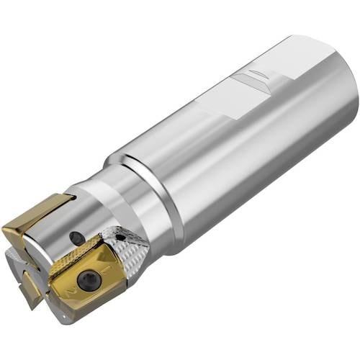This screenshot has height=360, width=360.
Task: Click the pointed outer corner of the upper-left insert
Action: pos(6,229)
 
